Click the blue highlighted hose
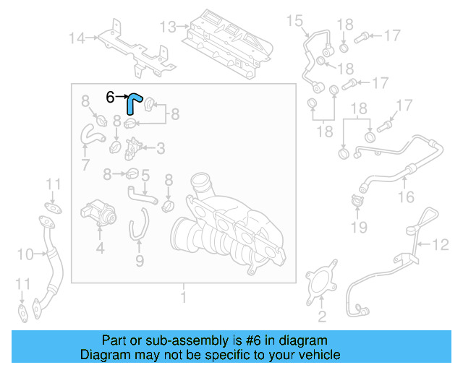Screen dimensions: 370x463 132,103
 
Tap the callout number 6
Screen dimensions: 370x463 110,96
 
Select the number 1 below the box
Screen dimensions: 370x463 183,296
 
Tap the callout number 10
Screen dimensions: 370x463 25,254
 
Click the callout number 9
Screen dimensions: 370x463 140,259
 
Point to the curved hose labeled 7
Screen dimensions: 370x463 90,134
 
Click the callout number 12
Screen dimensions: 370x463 441,245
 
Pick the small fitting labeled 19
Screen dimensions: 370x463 356,202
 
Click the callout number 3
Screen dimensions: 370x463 160,148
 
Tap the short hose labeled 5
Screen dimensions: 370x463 137,192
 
